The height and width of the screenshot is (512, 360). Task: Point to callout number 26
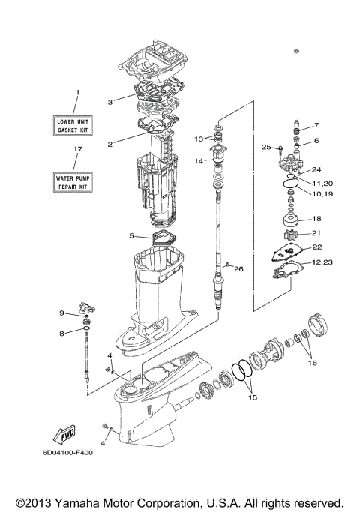[x=239, y=268]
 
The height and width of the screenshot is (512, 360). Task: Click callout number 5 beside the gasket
[x=131, y=235]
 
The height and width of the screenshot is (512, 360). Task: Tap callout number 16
[x=311, y=363]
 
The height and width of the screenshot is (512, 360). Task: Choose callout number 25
[x=266, y=148]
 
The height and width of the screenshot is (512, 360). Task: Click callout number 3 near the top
[x=109, y=102]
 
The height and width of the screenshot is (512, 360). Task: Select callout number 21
[x=316, y=233]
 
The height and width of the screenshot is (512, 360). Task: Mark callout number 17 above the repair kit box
[x=76, y=150]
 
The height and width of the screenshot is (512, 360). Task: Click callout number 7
[x=316, y=125]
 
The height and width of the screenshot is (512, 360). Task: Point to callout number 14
[x=198, y=160]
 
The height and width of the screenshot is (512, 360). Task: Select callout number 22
[x=316, y=247]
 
